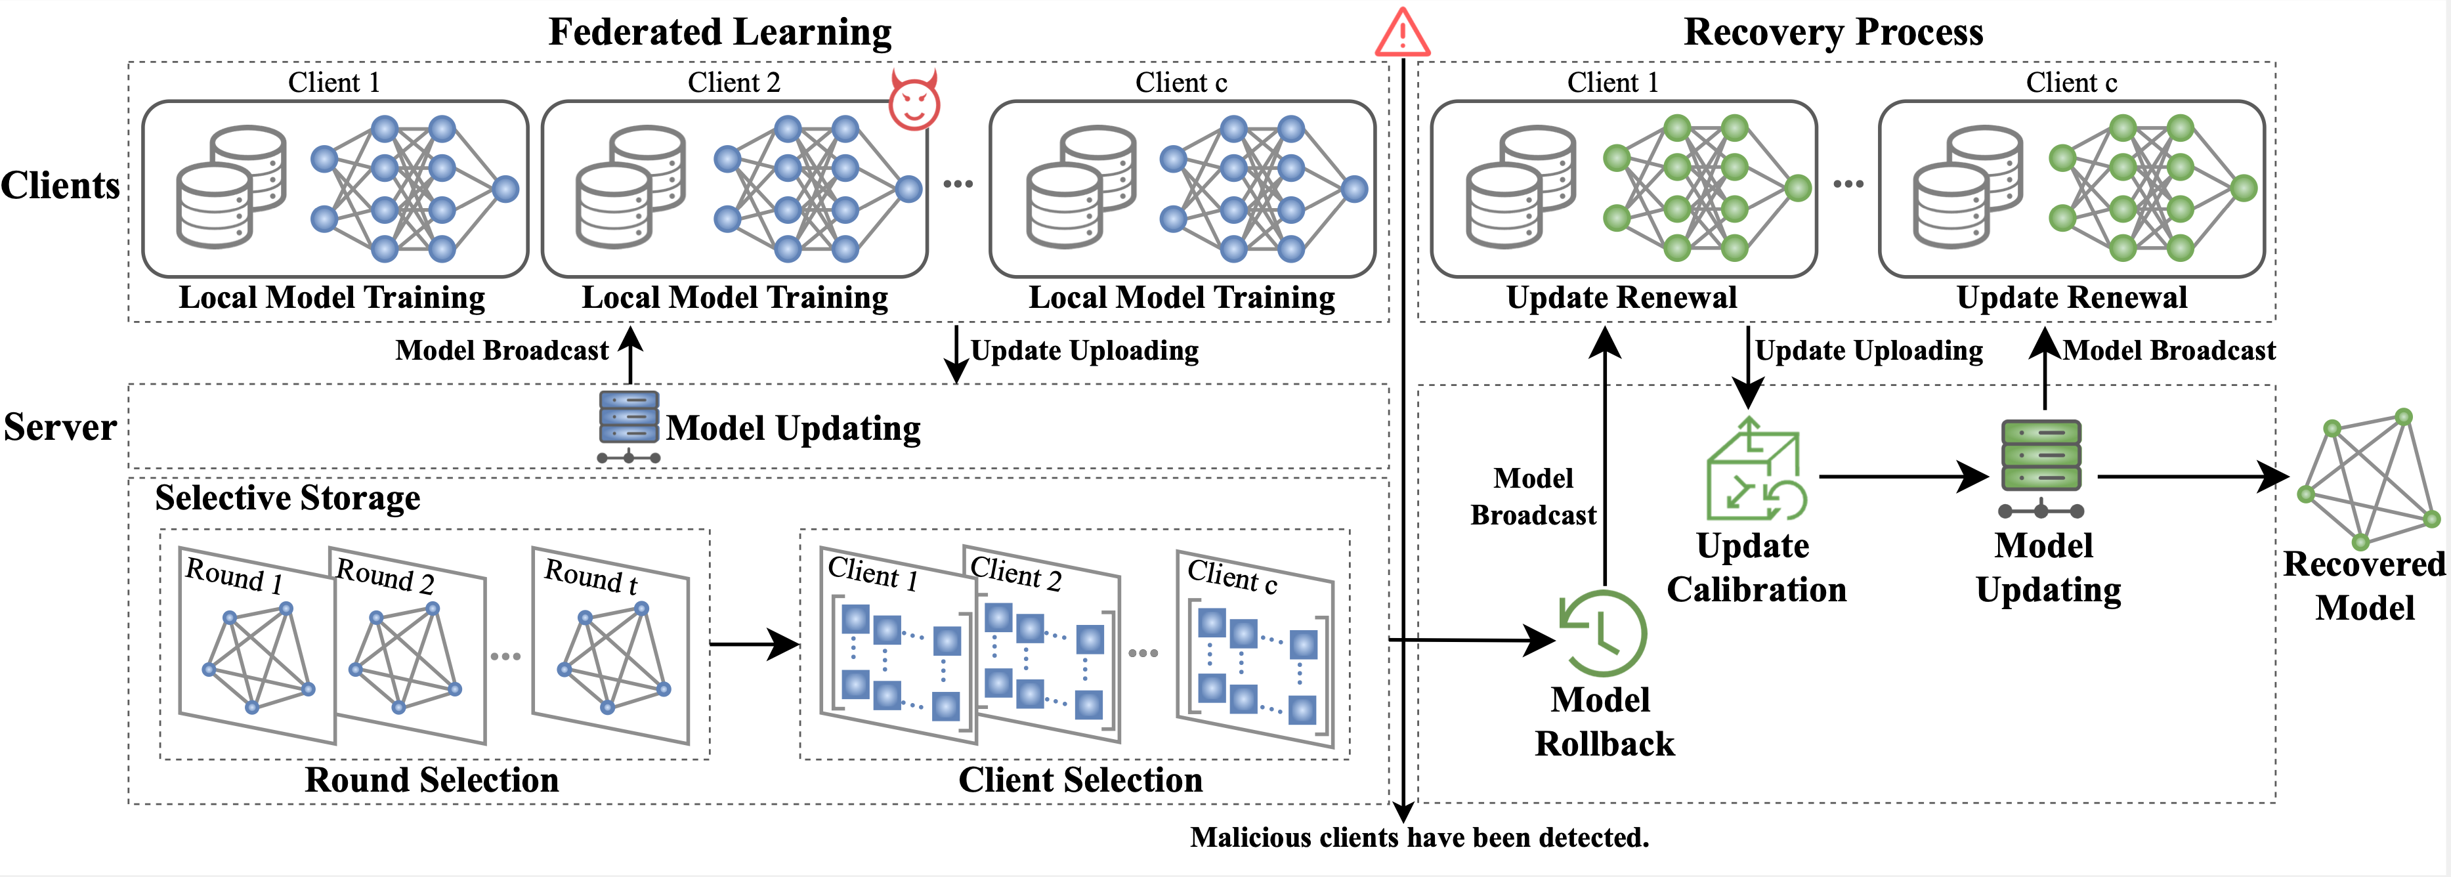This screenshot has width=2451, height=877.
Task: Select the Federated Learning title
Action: (x=720, y=32)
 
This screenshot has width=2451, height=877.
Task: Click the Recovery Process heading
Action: (x=1833, y=32)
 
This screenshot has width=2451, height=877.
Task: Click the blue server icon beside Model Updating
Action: (x=629, y=426)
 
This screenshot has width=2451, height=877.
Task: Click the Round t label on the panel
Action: (x=590, y=576)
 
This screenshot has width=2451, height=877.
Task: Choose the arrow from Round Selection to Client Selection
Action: (x=754, y=644)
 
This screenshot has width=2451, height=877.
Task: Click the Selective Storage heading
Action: (x=288, y=498)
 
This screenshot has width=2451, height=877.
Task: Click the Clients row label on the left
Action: (x=60, y=184)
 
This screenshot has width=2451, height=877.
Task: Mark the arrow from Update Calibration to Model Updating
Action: (x=1903, y=476)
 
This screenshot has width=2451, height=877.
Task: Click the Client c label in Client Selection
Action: (x=1231, y=576)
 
